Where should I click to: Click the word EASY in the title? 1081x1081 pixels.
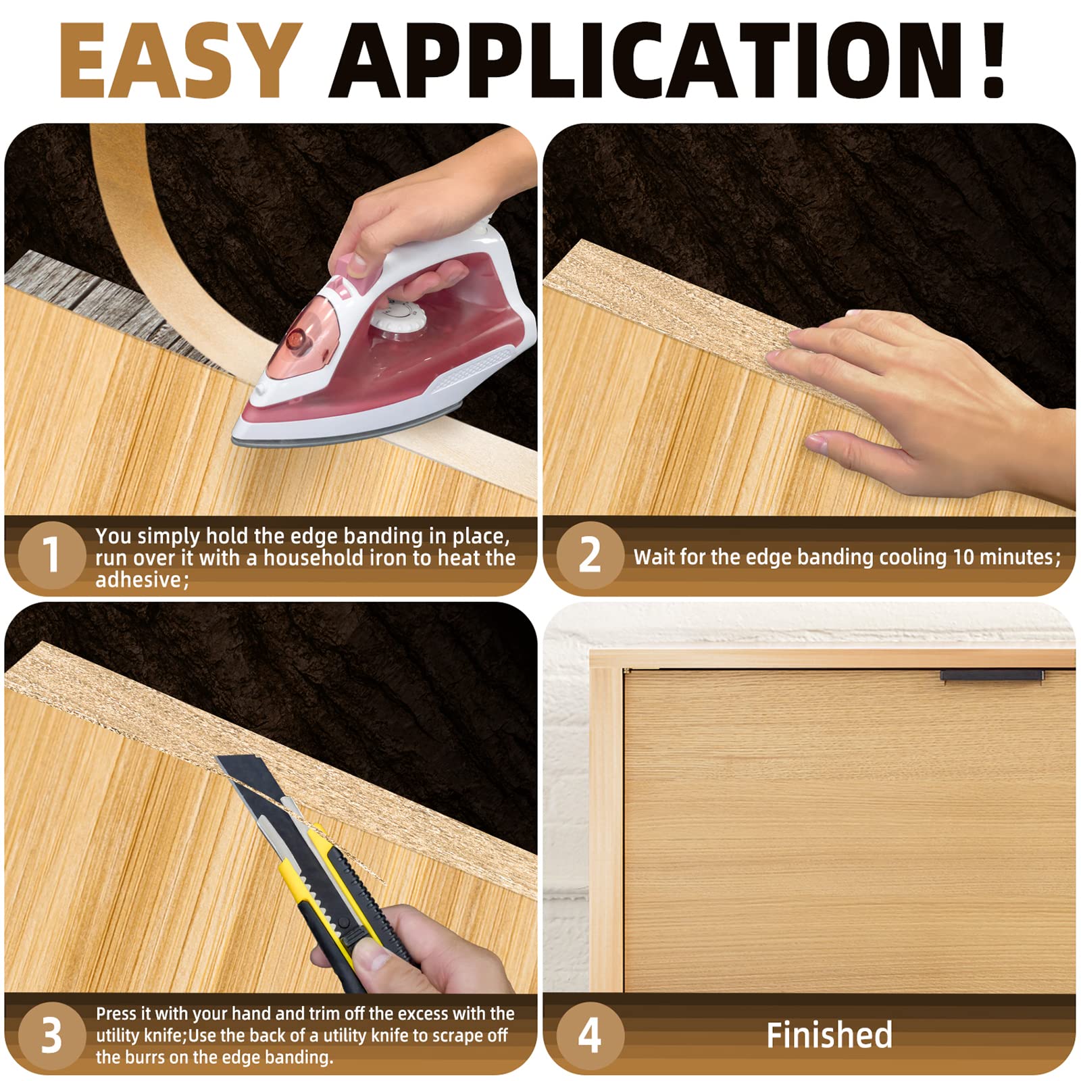click(x=180, y=61)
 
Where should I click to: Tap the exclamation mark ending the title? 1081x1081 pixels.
click(x=992, y=61)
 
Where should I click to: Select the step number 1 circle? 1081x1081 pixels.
click(x=51, y=555)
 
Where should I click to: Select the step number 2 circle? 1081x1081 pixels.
click(x=589, y=555)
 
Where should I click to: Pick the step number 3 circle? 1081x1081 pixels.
click(x=51, y=1034)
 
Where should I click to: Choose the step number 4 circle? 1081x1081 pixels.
click(x=589, y=1034)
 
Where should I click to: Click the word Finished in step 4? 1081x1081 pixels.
click(x=829, y=1035)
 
